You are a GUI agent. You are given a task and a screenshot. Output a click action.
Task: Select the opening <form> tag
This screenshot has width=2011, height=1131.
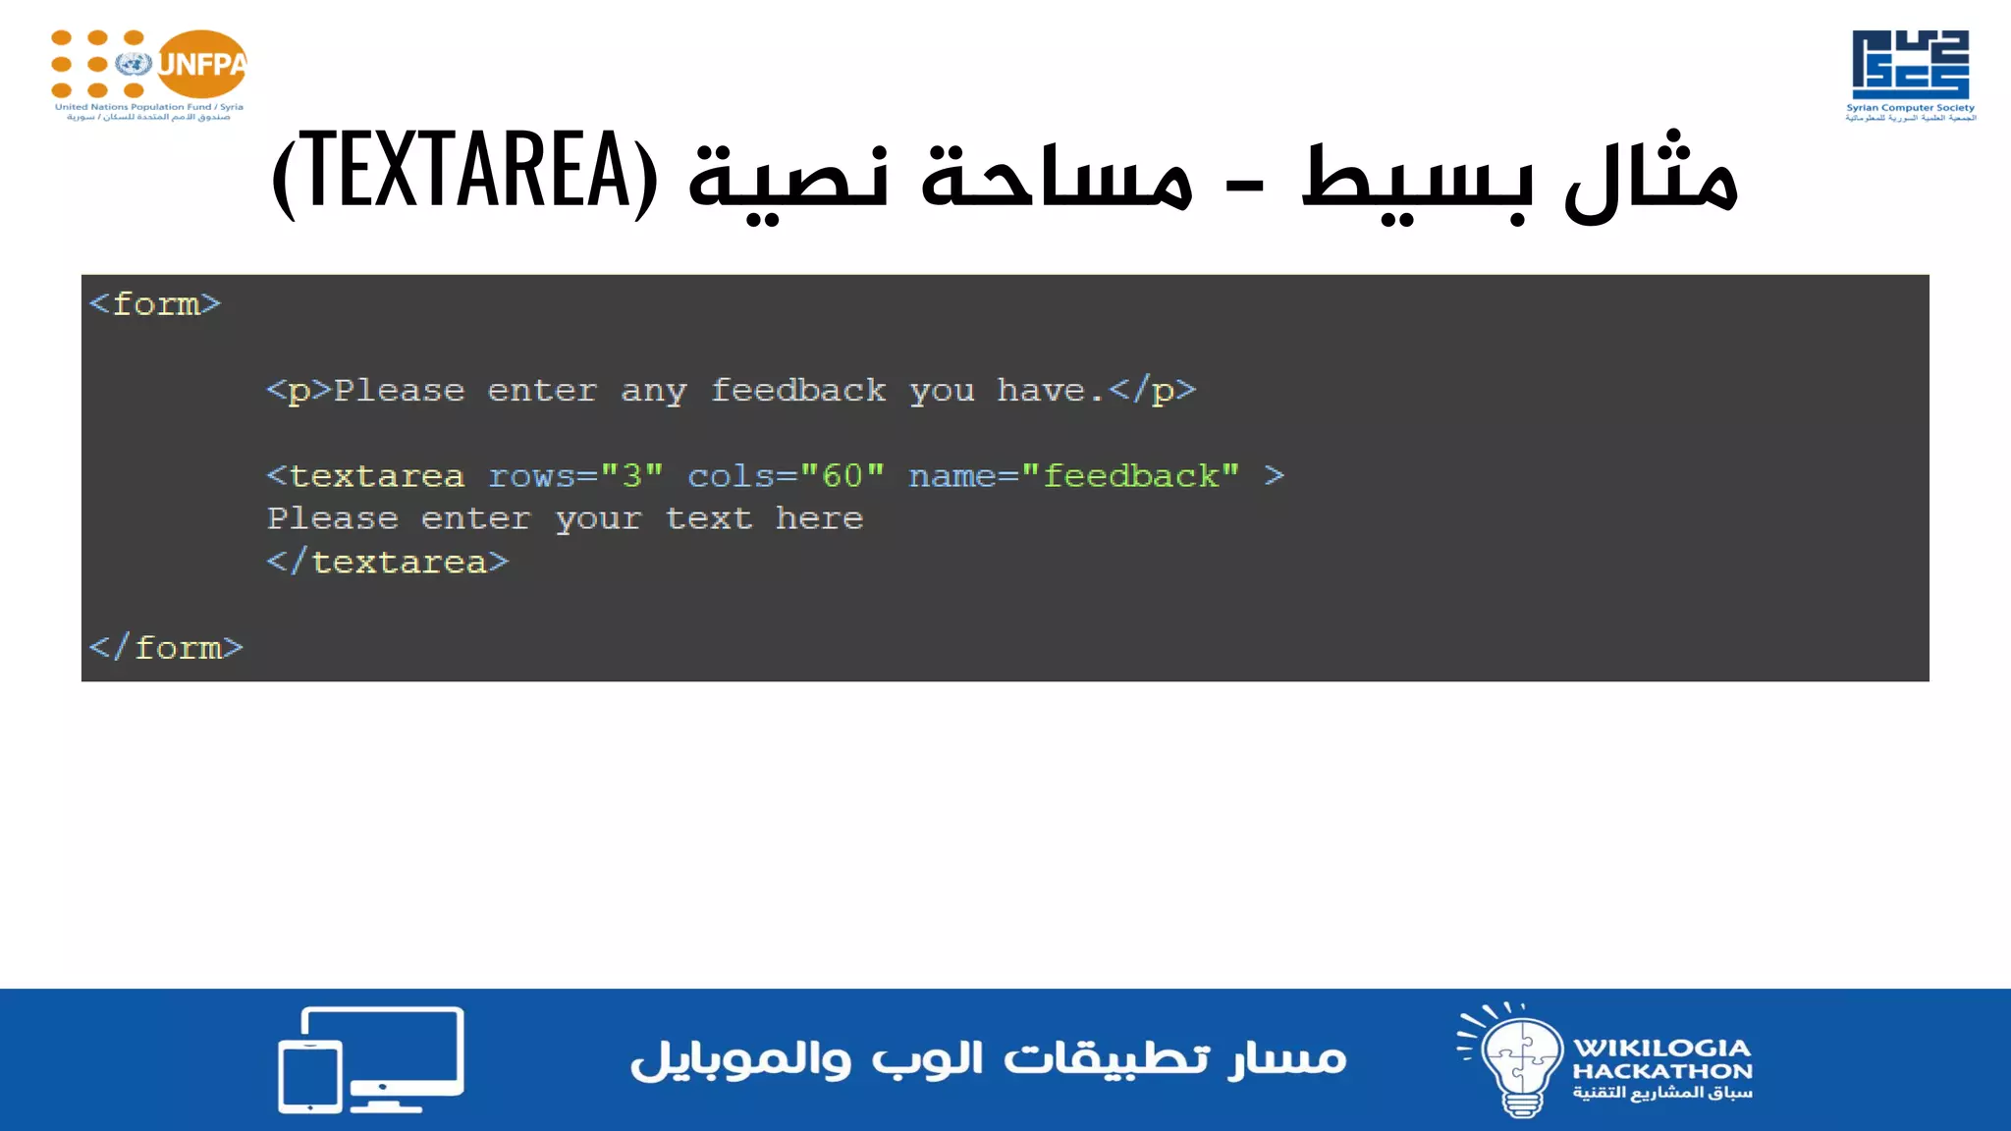point(155,304)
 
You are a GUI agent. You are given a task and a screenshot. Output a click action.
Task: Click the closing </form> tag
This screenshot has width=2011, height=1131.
point(166,648)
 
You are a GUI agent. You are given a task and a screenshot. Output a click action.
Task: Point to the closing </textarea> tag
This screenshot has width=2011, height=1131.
point(388,563)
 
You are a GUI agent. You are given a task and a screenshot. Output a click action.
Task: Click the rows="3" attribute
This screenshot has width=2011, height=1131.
point(575,476)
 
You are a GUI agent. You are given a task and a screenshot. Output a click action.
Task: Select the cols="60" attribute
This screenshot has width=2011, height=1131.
point(786,476)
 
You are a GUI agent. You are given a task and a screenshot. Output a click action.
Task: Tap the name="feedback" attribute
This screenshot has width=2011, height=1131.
point(1073,476)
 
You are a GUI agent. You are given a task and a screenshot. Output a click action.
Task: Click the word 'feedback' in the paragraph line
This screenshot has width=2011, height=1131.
point(797,391)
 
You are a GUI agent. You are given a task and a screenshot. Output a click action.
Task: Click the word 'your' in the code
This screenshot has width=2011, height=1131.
point(598,519)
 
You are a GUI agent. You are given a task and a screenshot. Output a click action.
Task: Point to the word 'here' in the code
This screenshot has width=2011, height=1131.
point(819,518)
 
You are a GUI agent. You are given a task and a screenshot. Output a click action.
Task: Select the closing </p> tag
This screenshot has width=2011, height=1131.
point(1152,391)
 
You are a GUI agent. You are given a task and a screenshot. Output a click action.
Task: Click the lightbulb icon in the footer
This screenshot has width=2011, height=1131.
point(1517,1060)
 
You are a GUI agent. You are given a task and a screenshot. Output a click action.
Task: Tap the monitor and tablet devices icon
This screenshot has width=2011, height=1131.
point(370,1059)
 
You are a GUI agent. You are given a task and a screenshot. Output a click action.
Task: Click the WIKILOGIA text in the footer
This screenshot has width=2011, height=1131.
point(1661,1048)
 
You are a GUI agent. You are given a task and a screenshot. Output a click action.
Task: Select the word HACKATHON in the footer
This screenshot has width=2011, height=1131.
point(1661,1071)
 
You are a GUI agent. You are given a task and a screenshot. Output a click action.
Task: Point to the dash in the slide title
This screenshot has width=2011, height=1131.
point(1245,185)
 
